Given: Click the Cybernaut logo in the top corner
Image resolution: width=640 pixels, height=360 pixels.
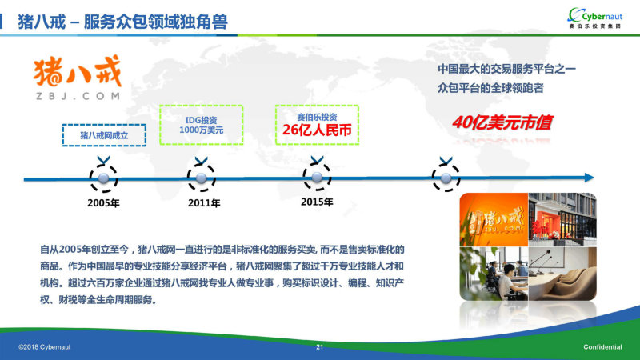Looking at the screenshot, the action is [594, 18].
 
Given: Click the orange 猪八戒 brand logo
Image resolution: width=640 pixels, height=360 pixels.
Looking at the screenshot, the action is [78, 71].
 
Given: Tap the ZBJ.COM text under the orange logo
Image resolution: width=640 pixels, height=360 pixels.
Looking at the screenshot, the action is [78, 96].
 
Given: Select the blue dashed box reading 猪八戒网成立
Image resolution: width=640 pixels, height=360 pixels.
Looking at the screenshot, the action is [104, 135].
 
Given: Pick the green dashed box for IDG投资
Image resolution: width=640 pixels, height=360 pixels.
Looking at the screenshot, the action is [202, 125].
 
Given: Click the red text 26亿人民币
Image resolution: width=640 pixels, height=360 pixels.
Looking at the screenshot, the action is [317, 130].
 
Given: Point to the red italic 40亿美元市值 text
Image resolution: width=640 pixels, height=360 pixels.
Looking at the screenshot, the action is [502, 122].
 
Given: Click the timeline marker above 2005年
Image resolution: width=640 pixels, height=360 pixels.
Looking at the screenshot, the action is [104, 178].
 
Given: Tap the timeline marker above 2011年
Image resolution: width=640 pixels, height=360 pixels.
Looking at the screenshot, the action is [202, 178].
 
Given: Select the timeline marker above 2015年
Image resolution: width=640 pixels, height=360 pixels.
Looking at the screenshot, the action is [317, 177].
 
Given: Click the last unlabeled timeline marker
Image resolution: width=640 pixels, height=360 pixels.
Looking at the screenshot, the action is [446, 178].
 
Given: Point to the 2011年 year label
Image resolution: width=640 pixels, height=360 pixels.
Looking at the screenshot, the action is [204, 203].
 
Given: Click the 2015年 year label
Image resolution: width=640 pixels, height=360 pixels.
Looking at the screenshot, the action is [317, 202].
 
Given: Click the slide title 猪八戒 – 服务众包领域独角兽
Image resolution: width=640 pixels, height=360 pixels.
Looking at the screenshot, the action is [122, 22].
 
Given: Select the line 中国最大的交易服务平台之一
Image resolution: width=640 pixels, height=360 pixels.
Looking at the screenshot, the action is [506, 69].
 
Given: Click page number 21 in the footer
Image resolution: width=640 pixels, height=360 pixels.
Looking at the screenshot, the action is [319, 347].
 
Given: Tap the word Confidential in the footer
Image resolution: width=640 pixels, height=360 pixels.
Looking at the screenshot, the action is [602, 347].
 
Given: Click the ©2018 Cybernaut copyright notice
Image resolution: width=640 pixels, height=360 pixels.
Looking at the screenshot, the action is [45, 347].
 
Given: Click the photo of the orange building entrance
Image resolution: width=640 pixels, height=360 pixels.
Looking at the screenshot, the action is [562, 219].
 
